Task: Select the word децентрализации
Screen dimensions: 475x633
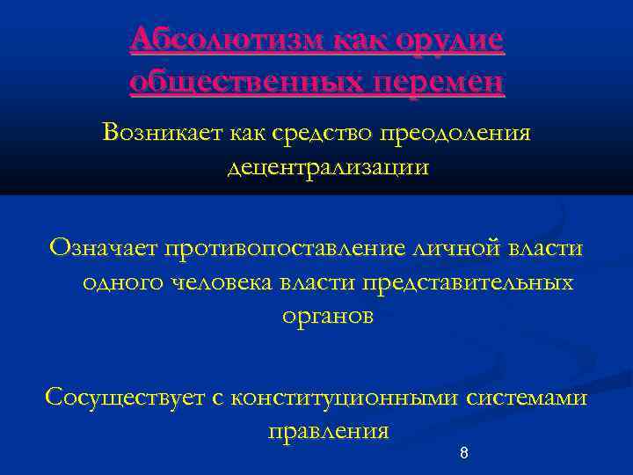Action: [x=328, y=167]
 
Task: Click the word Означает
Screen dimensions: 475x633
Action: [x=101, y=248]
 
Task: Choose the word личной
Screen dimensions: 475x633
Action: [x=464, y=248]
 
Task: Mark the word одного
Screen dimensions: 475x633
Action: [x=120, y=282]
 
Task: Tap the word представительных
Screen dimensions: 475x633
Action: [x=453, y=282]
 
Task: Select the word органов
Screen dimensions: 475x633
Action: [x=327, y=317]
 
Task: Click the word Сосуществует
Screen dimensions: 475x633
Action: [x=126, y=398]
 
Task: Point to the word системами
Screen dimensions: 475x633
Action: [x=527, y=398]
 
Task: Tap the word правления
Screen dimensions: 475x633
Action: [x=326, y=432]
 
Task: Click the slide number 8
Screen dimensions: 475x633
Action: [x=463, y=454]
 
